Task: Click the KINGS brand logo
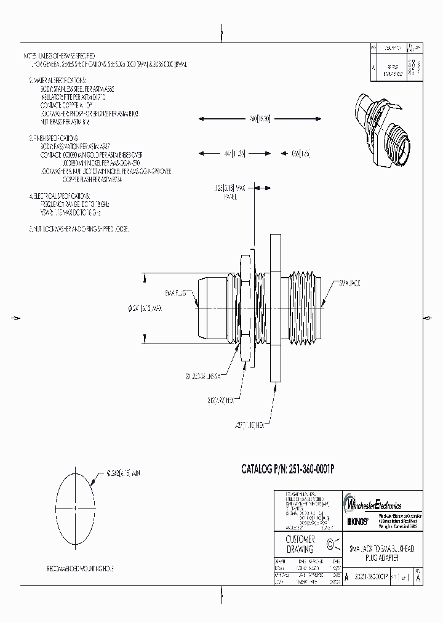[359, 521]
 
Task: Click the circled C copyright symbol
[332, 544]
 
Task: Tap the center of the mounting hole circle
[75, 506]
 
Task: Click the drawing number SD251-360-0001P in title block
[372, 577]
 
